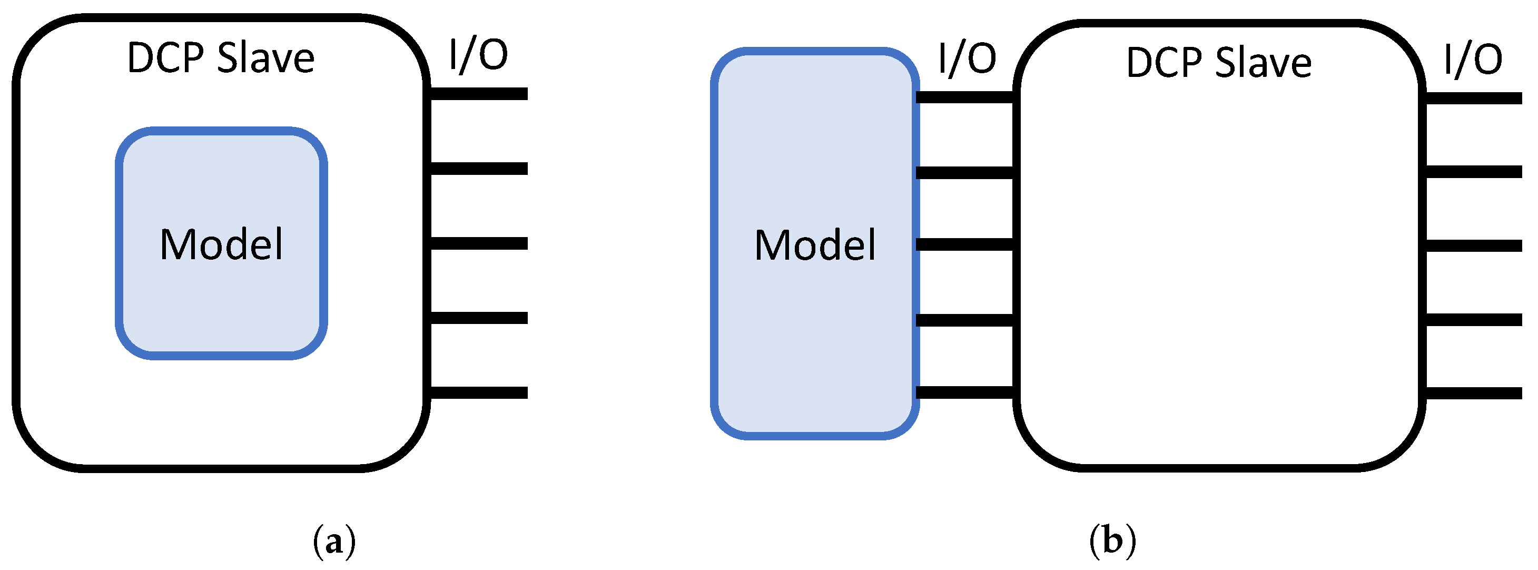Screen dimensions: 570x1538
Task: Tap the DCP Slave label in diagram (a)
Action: (x=221, y=58)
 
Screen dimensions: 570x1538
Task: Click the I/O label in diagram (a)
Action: (x=478, y=55)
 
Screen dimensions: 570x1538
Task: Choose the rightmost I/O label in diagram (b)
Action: (x=1472, y=60)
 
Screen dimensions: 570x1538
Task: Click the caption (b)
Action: (x=1112, y=540)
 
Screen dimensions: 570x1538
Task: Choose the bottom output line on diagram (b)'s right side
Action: (x=1473, y=394)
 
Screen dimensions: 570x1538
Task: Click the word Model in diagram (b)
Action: (x=815, y=245)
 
